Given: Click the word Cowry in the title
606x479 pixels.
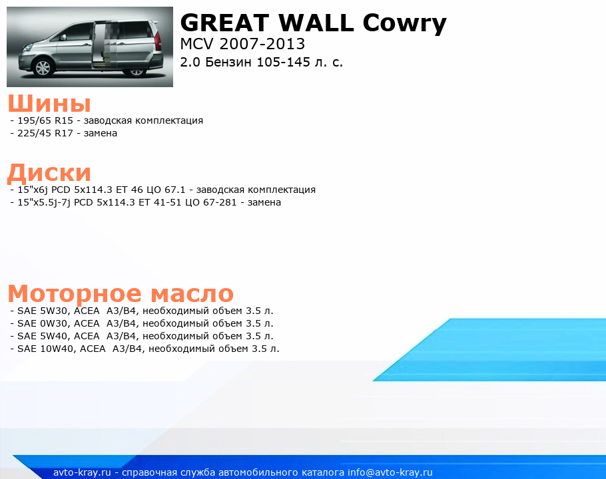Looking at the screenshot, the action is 404,23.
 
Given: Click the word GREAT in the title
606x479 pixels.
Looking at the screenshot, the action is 224,23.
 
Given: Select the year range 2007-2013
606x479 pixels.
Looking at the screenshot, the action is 262,44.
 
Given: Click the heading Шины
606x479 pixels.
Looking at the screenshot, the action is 49,103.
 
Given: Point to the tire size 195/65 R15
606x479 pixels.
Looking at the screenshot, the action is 45,120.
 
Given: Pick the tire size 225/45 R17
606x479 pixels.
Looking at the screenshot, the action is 45,133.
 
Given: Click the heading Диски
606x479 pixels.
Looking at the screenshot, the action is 49,172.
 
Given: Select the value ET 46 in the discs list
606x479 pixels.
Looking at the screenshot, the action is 129,190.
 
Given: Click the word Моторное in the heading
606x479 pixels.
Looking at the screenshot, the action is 75,293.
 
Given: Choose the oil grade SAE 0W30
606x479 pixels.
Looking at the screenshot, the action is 43,323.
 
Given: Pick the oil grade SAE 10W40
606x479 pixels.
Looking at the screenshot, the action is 45,349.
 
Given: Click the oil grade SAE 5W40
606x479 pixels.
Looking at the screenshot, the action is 43,336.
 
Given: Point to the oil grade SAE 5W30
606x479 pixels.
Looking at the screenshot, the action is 43,311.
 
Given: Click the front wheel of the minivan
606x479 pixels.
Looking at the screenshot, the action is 43,68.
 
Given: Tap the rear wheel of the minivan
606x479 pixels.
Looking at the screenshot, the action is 136,71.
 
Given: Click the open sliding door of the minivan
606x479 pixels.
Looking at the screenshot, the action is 103,45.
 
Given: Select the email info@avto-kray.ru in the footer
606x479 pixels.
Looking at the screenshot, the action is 390,472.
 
